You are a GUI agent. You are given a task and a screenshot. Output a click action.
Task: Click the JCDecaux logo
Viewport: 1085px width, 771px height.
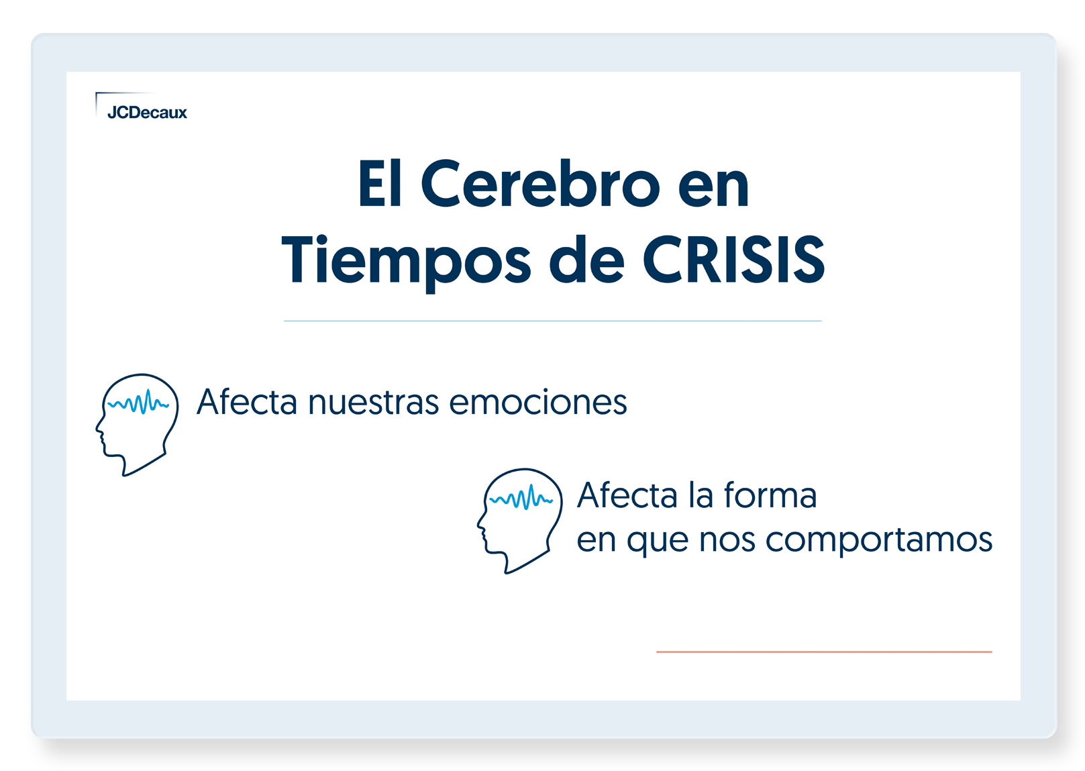[141, 106]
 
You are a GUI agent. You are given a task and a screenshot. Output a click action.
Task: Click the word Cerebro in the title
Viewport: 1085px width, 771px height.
[540, 184]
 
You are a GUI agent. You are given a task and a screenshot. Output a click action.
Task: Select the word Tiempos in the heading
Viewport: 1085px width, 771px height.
[406, 264]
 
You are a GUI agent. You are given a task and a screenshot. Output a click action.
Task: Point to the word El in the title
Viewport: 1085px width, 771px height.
[380, 184]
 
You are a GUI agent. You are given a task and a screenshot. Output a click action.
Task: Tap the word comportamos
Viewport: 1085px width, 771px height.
[878, 540]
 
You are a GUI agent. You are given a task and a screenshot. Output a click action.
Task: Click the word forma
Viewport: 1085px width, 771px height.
[770, 495]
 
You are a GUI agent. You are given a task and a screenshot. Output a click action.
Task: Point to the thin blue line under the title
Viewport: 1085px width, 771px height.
[553, 321]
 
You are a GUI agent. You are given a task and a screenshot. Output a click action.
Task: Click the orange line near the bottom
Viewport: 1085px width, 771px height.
[824, 652]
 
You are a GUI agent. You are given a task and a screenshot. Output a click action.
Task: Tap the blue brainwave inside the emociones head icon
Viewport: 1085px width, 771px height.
[138, 403]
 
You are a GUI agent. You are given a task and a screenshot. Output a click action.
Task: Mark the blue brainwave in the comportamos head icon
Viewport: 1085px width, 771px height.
[521, 497]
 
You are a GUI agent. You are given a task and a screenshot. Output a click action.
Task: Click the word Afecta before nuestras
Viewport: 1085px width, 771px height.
[246, 401]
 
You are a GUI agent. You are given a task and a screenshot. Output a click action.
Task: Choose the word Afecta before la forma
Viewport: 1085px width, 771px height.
[627, 495]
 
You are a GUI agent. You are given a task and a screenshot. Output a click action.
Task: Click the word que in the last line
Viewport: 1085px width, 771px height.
[658, 542]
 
